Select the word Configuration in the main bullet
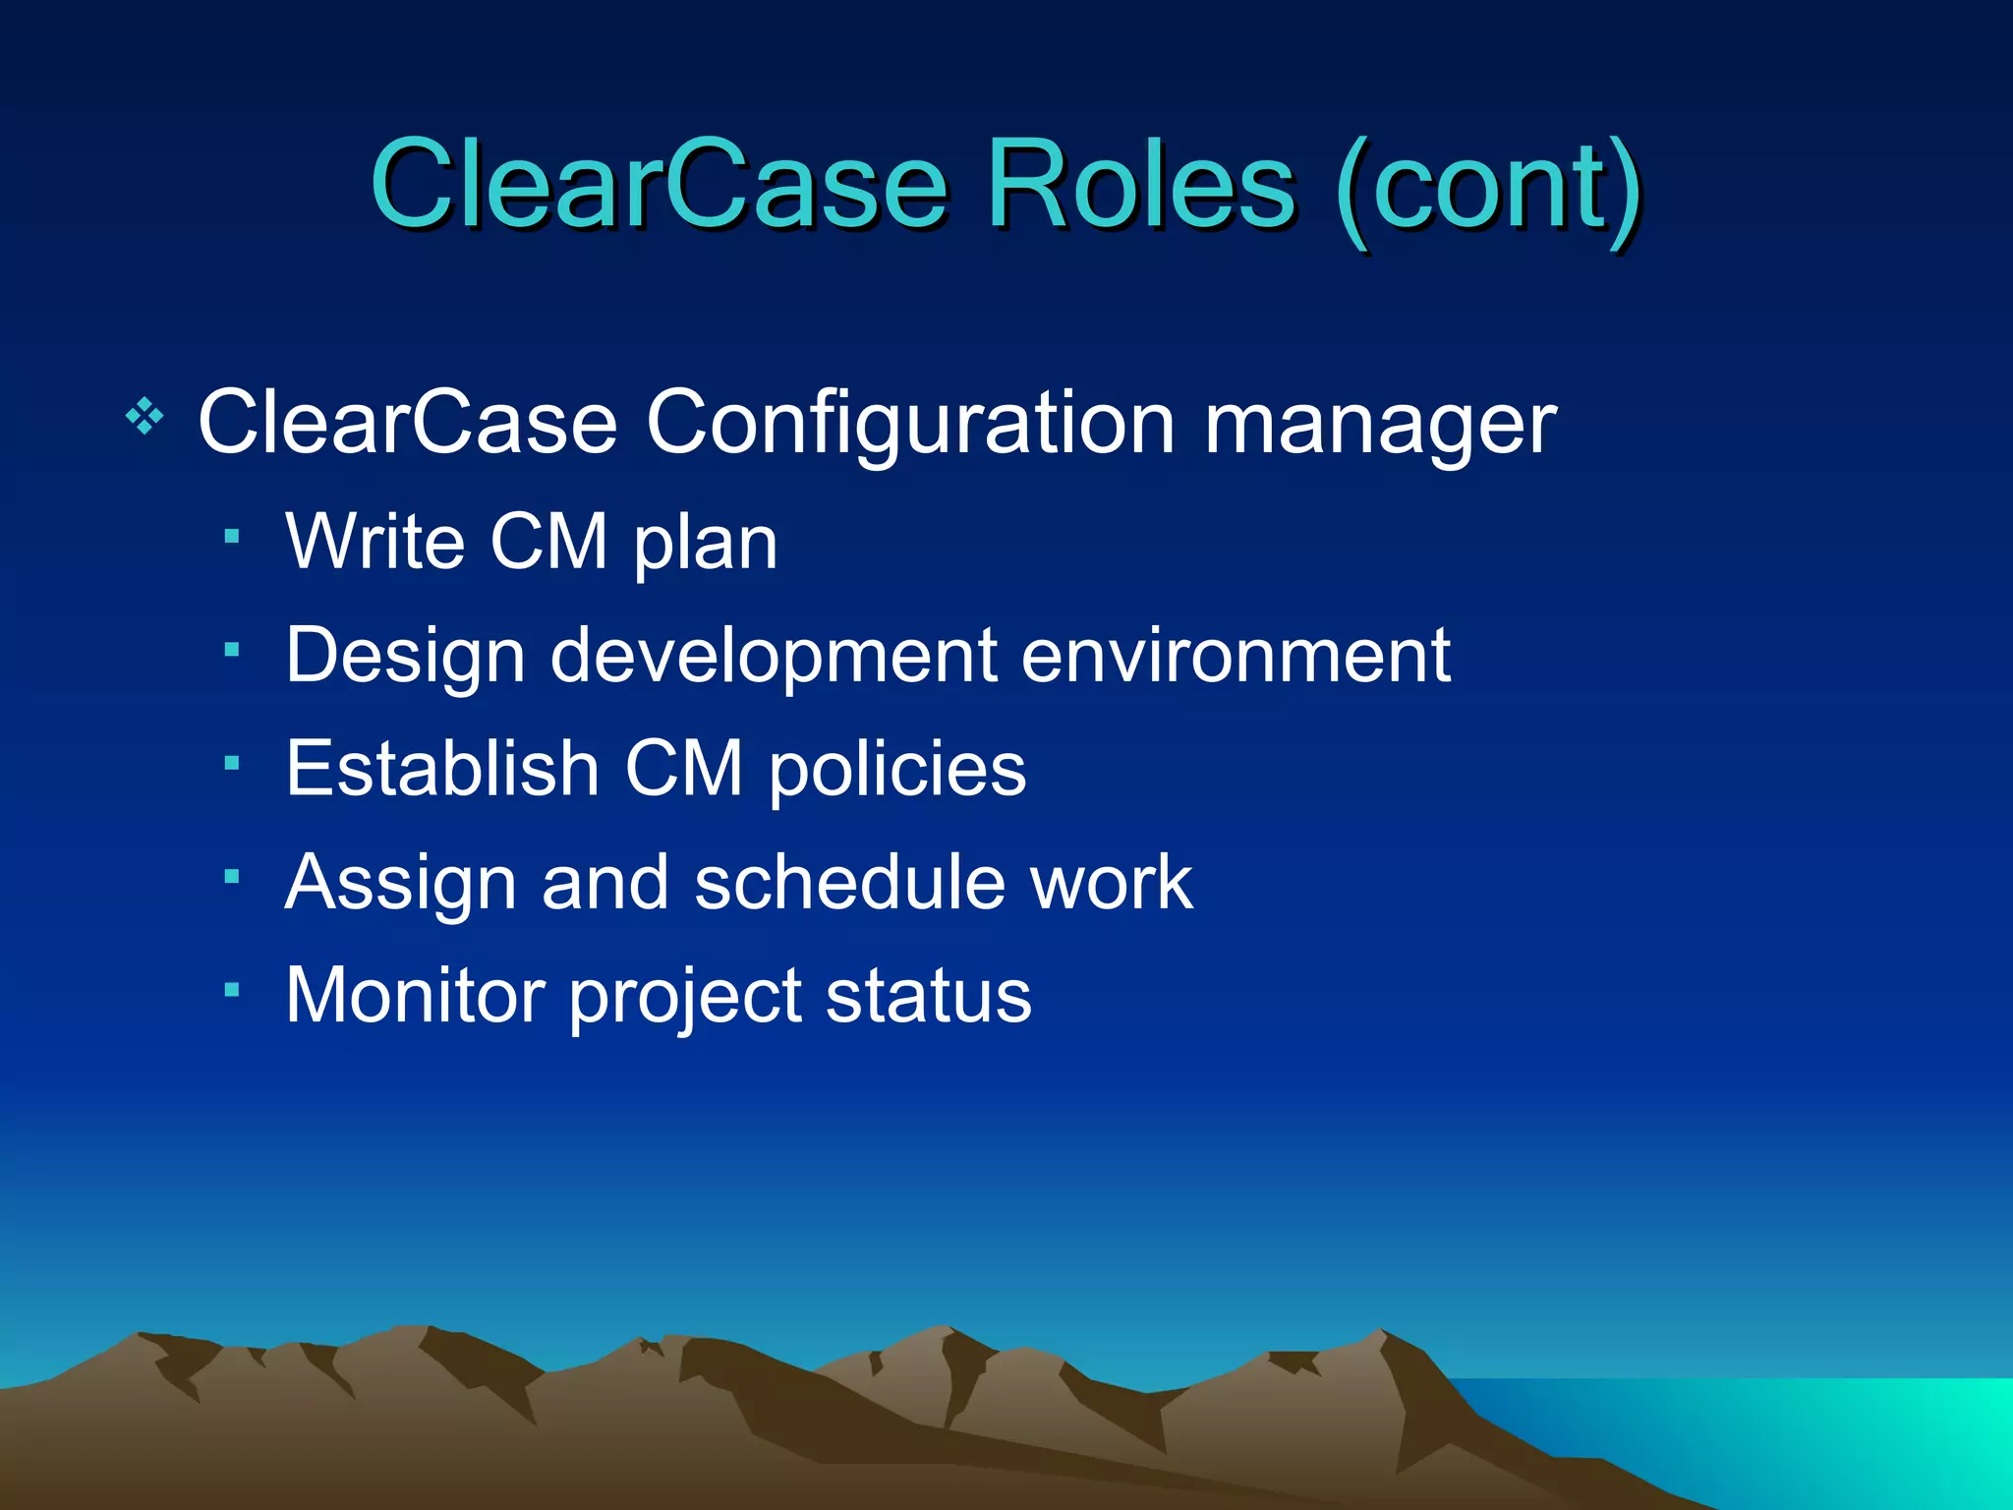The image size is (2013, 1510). tap(910, 425)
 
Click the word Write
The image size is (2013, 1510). tap(374, 542)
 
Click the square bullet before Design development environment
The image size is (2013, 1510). tap(232, 649)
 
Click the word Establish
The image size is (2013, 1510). tap(442, 768)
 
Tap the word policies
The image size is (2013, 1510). tap(897, 771)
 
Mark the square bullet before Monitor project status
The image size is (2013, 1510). tap(232, 989)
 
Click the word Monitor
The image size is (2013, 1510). tap(415, 995)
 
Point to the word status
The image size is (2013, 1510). tap(929, 995)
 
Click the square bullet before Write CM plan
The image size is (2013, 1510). tap(232, 536)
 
